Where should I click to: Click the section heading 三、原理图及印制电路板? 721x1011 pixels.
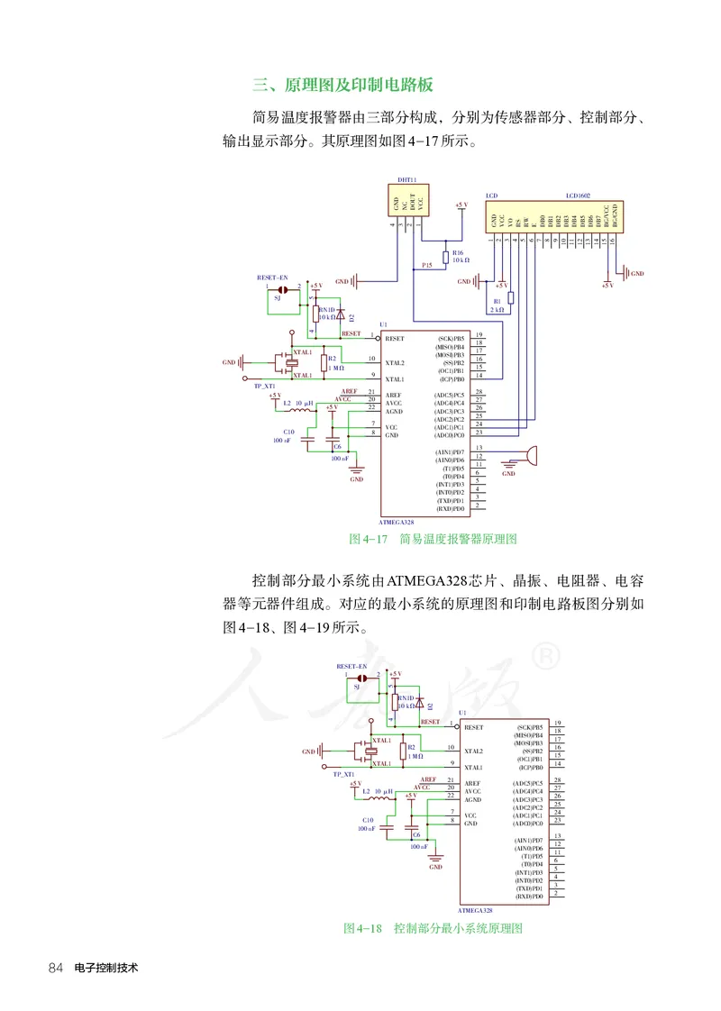point(342,86)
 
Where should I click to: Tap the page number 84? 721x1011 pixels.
point(55,968)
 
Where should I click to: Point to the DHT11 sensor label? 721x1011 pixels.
point(407,180)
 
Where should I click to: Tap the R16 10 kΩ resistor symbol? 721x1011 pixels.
point(445,256)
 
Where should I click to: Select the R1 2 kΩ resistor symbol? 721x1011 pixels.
point(511,298)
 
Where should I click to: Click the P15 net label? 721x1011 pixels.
point(427,266)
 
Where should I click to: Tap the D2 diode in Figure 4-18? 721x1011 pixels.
point(420,704)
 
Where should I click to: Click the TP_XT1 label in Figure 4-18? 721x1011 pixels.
point(343,774)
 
